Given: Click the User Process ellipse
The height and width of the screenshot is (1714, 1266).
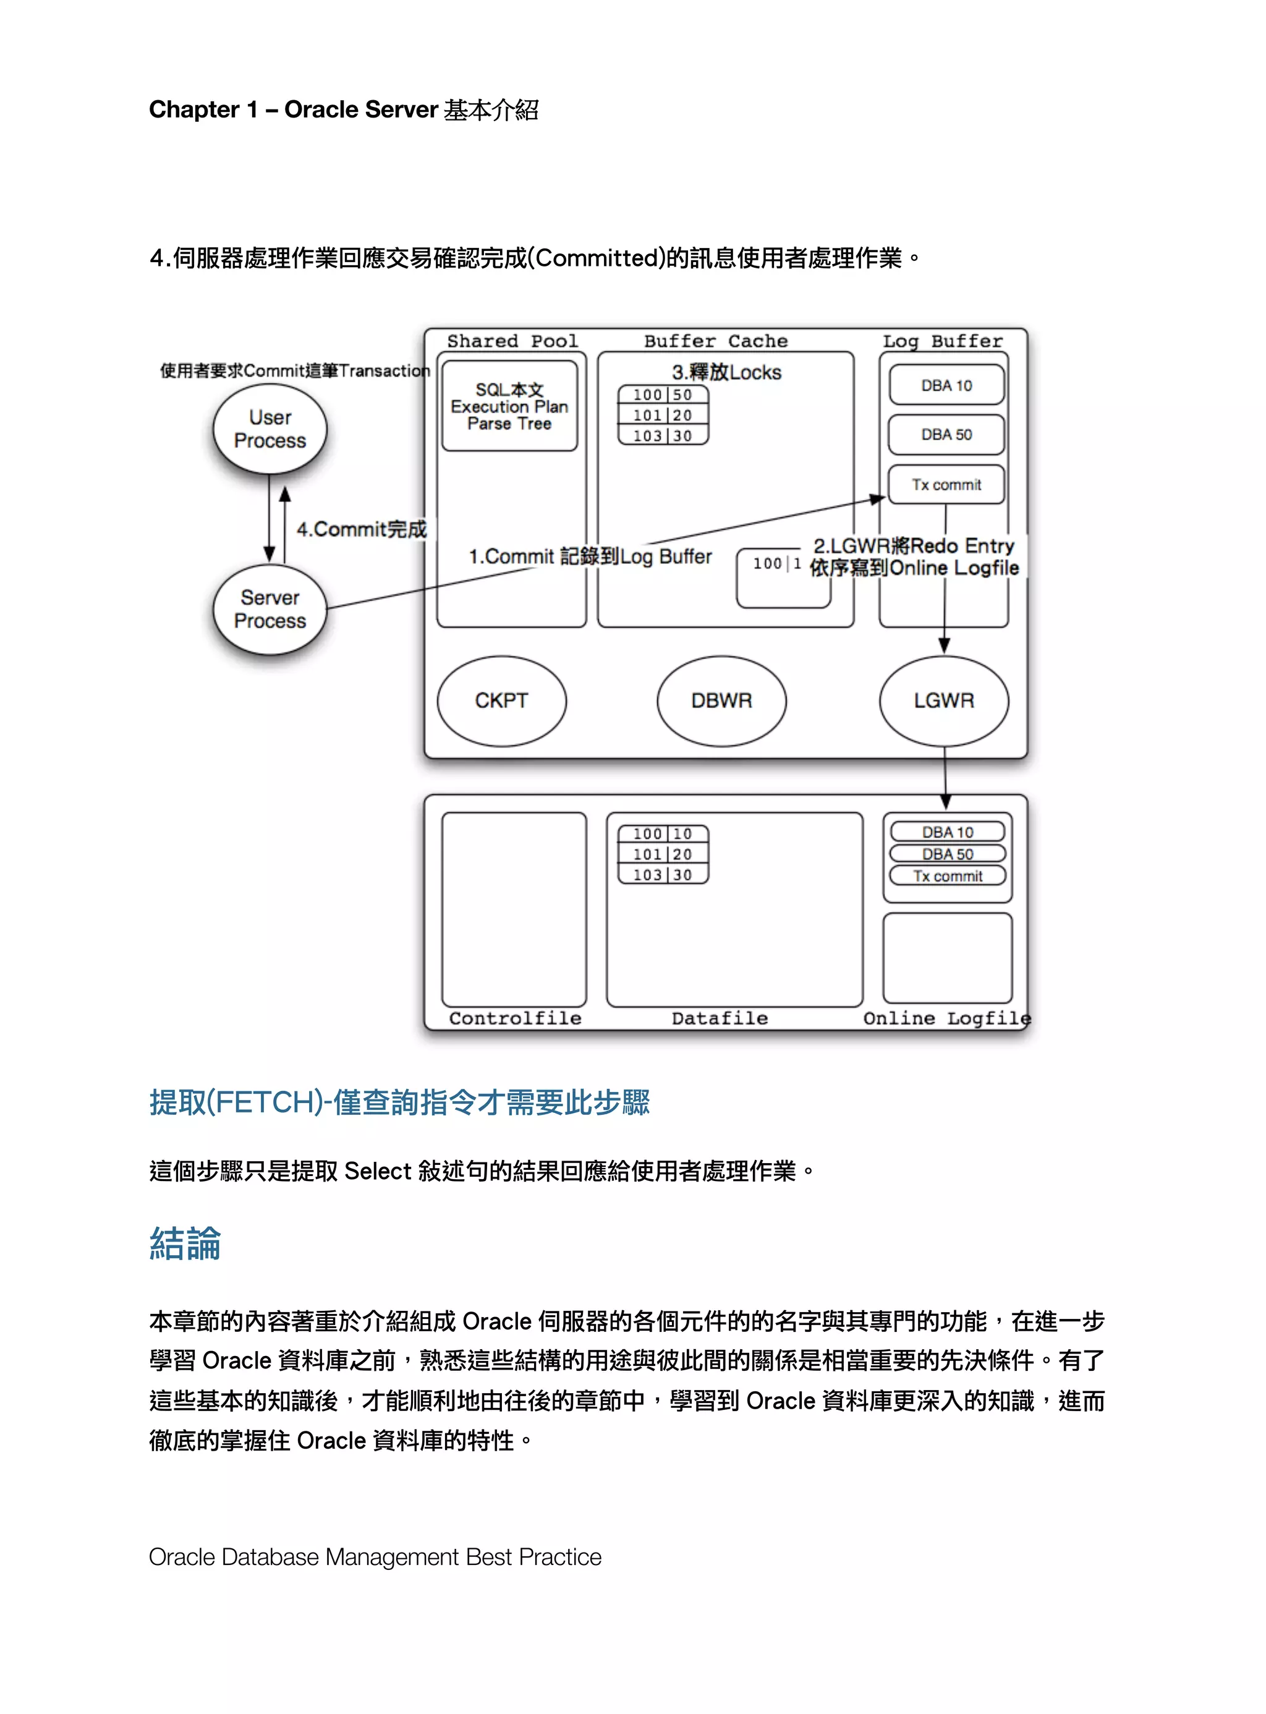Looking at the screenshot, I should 270,429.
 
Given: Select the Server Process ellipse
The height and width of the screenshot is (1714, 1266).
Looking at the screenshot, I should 270,610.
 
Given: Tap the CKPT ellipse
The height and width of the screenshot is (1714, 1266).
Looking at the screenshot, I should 502,701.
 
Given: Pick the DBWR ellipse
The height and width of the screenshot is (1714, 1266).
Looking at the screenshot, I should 721,701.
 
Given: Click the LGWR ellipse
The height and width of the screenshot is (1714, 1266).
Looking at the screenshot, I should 943,701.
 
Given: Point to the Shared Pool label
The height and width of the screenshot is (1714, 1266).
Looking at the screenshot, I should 512,341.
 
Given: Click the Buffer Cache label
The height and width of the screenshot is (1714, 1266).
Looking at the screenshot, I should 715,341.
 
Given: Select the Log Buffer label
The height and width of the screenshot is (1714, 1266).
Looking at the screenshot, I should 942,341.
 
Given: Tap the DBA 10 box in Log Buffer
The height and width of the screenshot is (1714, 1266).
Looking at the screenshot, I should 946,386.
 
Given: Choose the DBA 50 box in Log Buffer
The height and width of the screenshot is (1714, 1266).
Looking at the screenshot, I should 946,435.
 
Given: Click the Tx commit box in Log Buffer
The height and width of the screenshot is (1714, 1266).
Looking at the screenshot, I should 946,484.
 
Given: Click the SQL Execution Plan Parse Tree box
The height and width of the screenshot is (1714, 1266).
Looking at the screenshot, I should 509,406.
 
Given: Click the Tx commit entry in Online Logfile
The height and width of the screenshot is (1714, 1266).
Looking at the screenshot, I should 947,876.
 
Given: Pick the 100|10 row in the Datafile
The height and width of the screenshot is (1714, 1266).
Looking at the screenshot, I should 663,834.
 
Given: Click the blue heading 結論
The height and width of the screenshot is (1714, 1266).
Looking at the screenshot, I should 185,1243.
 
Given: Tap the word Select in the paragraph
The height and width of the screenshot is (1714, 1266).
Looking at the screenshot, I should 378,1171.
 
